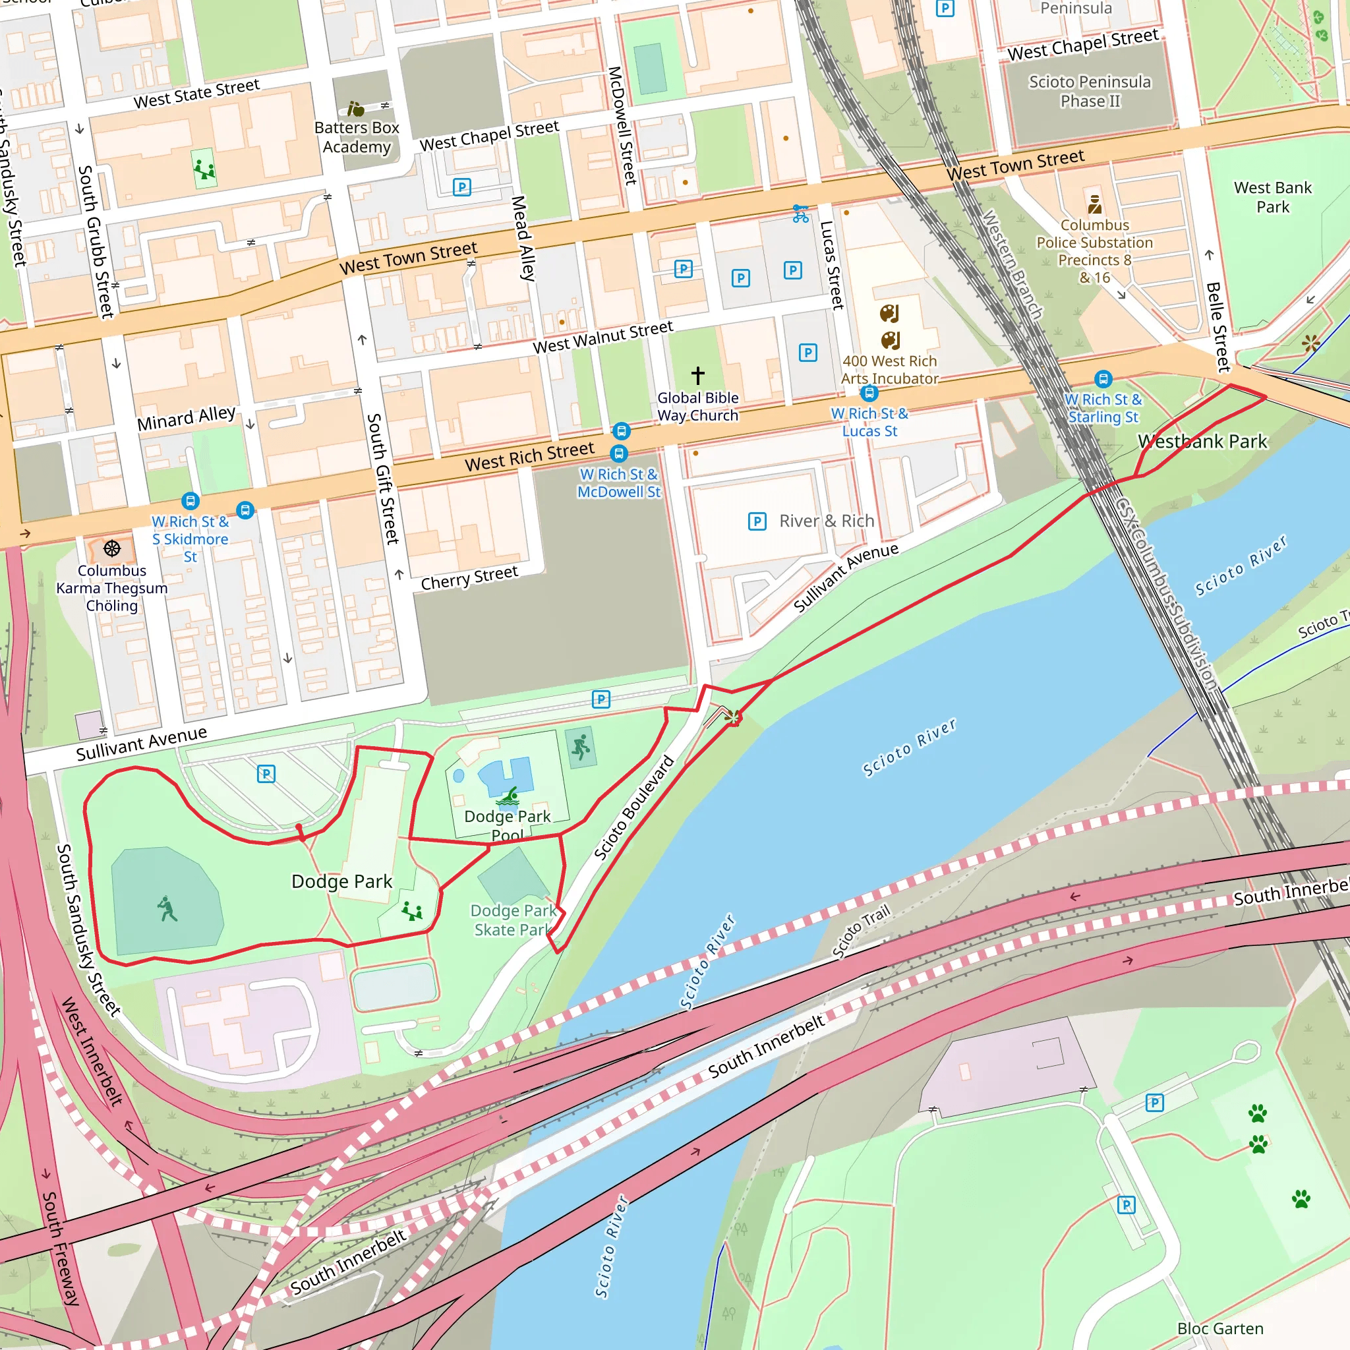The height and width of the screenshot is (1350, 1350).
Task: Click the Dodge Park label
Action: [x=341, y=881]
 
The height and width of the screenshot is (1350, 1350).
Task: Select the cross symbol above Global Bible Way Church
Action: [x=697, y=375]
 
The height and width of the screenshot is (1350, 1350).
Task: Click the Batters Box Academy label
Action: [x=357, y=137]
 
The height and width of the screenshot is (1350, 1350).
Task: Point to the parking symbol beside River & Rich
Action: [x=757, y=521]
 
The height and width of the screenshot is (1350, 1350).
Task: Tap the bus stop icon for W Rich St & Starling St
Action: [x=1103, y=380]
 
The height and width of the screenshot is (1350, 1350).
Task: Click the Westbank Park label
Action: [x=1202, y=442]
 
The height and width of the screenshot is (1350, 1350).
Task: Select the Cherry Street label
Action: [x=469, y=577]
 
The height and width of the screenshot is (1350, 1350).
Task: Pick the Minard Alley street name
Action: [x=187, y=418]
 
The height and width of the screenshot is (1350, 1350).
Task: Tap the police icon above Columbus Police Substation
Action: [x=1094, y=204]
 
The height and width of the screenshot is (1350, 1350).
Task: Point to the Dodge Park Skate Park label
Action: [x=514, y=920]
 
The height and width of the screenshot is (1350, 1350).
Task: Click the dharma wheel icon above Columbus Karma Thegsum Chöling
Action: [x=112, y=548]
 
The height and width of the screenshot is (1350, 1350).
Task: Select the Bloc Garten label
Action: [x=1220, y=1328]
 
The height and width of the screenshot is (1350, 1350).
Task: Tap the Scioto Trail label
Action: [x=861, y=931]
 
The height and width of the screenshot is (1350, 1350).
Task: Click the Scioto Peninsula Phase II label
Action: [x=1090, y=92]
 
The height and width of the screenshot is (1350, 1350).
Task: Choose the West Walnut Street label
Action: [x=602, y=337]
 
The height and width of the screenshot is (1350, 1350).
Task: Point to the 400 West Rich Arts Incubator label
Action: [x=889, y=370]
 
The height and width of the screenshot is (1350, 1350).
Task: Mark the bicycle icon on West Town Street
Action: [x=801, y=213]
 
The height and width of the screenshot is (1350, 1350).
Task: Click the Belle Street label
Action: [x=1218, y=326]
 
